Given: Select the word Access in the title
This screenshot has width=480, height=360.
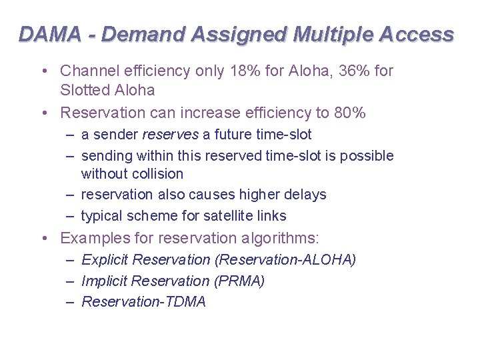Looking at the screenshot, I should pos(420,34).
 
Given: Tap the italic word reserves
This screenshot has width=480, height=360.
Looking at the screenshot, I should pos(171,135).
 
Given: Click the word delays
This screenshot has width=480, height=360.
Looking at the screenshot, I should pos(304,195).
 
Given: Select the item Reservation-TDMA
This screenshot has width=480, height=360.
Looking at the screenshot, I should pos(143,302).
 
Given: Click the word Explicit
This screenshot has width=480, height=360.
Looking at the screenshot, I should pos(105,259).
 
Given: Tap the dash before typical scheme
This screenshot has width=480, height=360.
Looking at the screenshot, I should pos(70,216).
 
